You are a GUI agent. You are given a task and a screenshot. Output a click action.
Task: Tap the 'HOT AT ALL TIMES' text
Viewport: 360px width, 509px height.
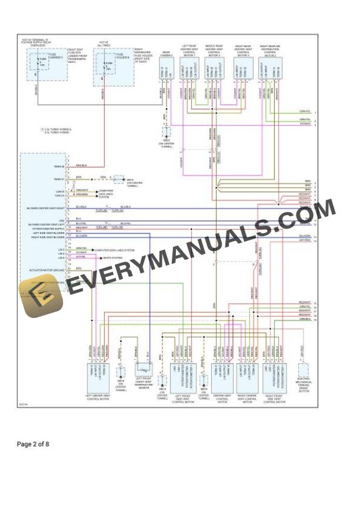point(104,43)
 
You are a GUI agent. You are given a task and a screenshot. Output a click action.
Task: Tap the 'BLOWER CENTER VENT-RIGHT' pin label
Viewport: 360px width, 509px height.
point(45,208)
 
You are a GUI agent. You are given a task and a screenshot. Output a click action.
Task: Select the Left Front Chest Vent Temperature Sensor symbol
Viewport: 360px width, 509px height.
point(144,370)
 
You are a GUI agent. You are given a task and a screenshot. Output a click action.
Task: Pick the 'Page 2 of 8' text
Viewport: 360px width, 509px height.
point(34,444)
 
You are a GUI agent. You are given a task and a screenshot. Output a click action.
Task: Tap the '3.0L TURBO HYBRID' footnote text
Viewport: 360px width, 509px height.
point(56,129)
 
